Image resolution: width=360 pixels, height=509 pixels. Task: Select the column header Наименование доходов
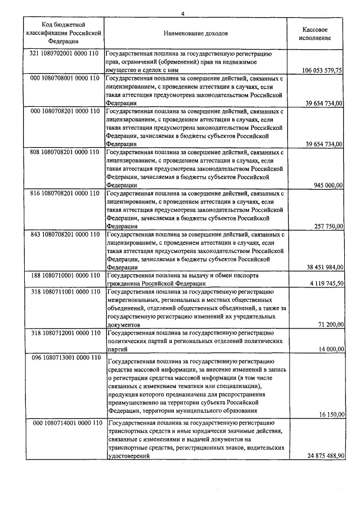pyautogui.click(x=195, y=33)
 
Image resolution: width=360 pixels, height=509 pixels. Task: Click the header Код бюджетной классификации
pyautogui.click(x=63, y=33)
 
